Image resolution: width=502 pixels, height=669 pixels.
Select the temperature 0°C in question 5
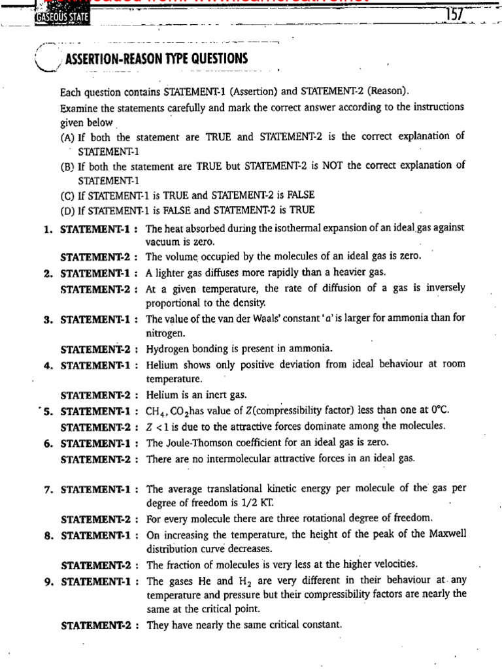(x=438, y=410)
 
